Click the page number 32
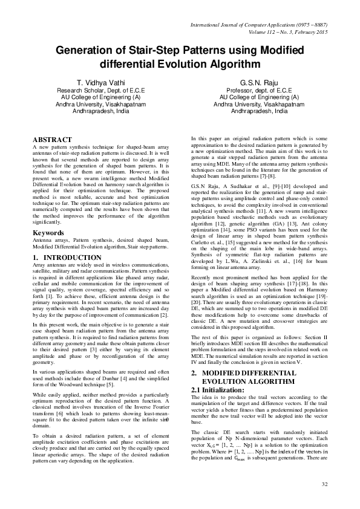[324, 484]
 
